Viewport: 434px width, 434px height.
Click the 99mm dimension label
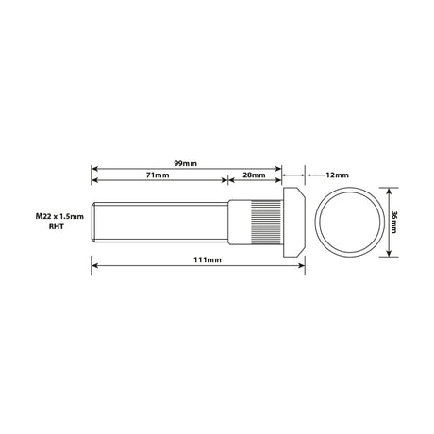point(185,163)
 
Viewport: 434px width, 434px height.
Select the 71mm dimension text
point(158,175)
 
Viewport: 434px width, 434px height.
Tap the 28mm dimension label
point(254,175)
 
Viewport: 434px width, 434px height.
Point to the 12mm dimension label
point(337,175)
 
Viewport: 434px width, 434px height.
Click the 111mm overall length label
point(208,259)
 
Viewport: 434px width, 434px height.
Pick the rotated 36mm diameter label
point(393,222)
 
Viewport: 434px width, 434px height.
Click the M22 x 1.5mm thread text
point(59,216)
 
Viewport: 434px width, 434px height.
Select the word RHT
point(57,226)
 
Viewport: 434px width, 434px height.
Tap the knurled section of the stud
point(266,222)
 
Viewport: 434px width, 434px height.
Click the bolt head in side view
point(294,222)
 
